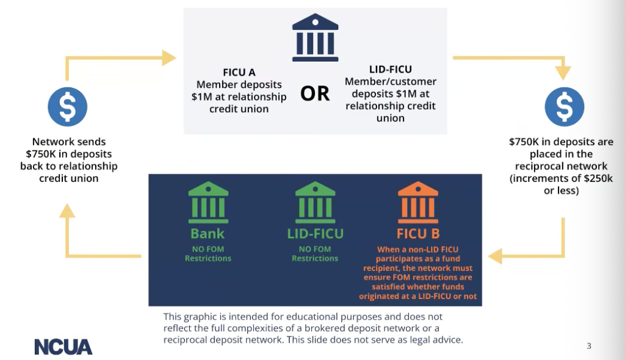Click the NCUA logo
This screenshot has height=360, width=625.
[63, 346]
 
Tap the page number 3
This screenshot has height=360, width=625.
[589, 346]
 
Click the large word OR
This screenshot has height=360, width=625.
[315, 93]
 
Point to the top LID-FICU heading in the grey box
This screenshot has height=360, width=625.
[391, 70]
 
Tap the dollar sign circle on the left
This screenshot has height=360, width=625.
[68, 107]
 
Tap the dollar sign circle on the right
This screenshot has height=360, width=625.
[565, 107]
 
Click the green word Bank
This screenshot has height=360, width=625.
[208, 233]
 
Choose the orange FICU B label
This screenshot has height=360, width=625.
[418, 233]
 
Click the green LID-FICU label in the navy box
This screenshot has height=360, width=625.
[315, 233]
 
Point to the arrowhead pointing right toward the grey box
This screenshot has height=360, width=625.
[169, 58]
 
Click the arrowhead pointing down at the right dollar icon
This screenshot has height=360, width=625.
[563, 73]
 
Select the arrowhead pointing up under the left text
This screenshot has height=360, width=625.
[67, 211]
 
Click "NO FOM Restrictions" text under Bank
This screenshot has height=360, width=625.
[208, 253]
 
